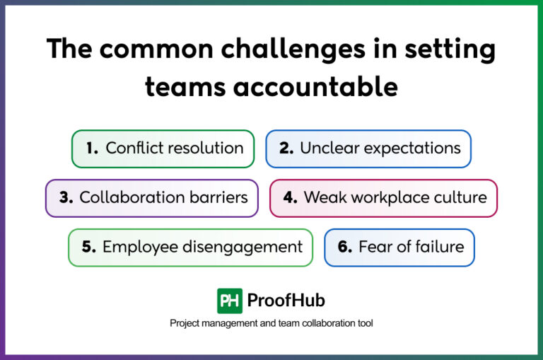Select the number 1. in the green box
[92, 149]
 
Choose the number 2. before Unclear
[286, 149]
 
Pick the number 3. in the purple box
[66, 197]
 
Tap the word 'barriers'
[218, 197]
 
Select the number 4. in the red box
[291, 197]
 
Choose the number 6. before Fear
[345, 247]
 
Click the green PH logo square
[230, 301]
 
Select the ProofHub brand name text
[286, 301]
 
